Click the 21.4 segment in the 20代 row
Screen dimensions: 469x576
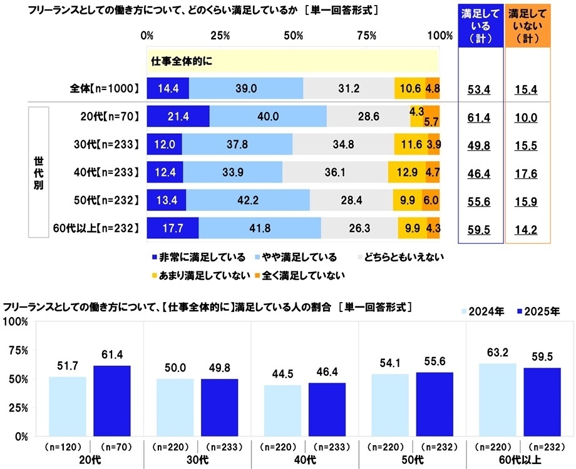178,117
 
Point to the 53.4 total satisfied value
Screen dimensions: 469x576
480,89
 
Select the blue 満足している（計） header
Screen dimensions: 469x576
480,26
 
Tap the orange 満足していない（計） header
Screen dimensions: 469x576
527,26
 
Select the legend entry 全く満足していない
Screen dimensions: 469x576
309,274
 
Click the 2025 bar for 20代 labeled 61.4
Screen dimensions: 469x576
112,400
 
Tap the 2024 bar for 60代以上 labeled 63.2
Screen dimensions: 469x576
497,399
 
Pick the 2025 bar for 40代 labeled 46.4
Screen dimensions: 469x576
327,409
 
